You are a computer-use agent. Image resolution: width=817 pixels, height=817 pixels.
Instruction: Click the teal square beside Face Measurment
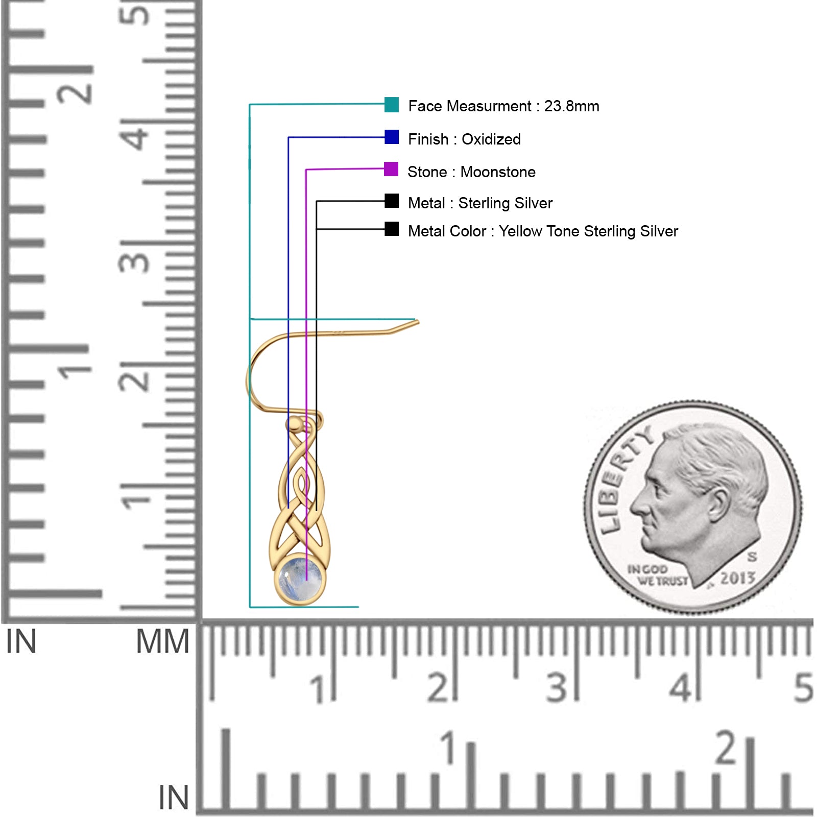click(x=392, y=105)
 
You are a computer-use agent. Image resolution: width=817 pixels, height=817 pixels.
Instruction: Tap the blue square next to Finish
click(x=392, y=137)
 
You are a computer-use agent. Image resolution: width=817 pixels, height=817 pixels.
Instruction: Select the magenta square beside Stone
click(x=391, y=169)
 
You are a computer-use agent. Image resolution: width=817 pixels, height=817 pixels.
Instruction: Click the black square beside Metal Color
click(x=392, y=229)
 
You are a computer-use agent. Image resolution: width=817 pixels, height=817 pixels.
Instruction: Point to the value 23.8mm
click(x=571, y=106)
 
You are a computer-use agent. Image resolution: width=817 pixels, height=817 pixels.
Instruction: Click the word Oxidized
click(x=491, y=139)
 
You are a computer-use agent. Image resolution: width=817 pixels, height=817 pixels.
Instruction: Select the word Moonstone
click(x=498, y=172)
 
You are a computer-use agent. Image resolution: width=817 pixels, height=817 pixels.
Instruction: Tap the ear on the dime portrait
click(x=718, y=506)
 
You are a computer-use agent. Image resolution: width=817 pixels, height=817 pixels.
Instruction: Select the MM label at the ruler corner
click(x=162, y=642)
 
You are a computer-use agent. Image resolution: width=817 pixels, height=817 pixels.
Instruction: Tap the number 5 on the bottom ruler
click(x=803, y=688)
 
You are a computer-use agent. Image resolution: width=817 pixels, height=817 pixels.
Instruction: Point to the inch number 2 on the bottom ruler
click(x=726, y=748)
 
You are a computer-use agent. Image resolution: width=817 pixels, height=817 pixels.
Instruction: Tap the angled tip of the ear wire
click(x=417, y=322)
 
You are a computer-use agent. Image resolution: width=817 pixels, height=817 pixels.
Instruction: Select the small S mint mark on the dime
click(x=752, y=557)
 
